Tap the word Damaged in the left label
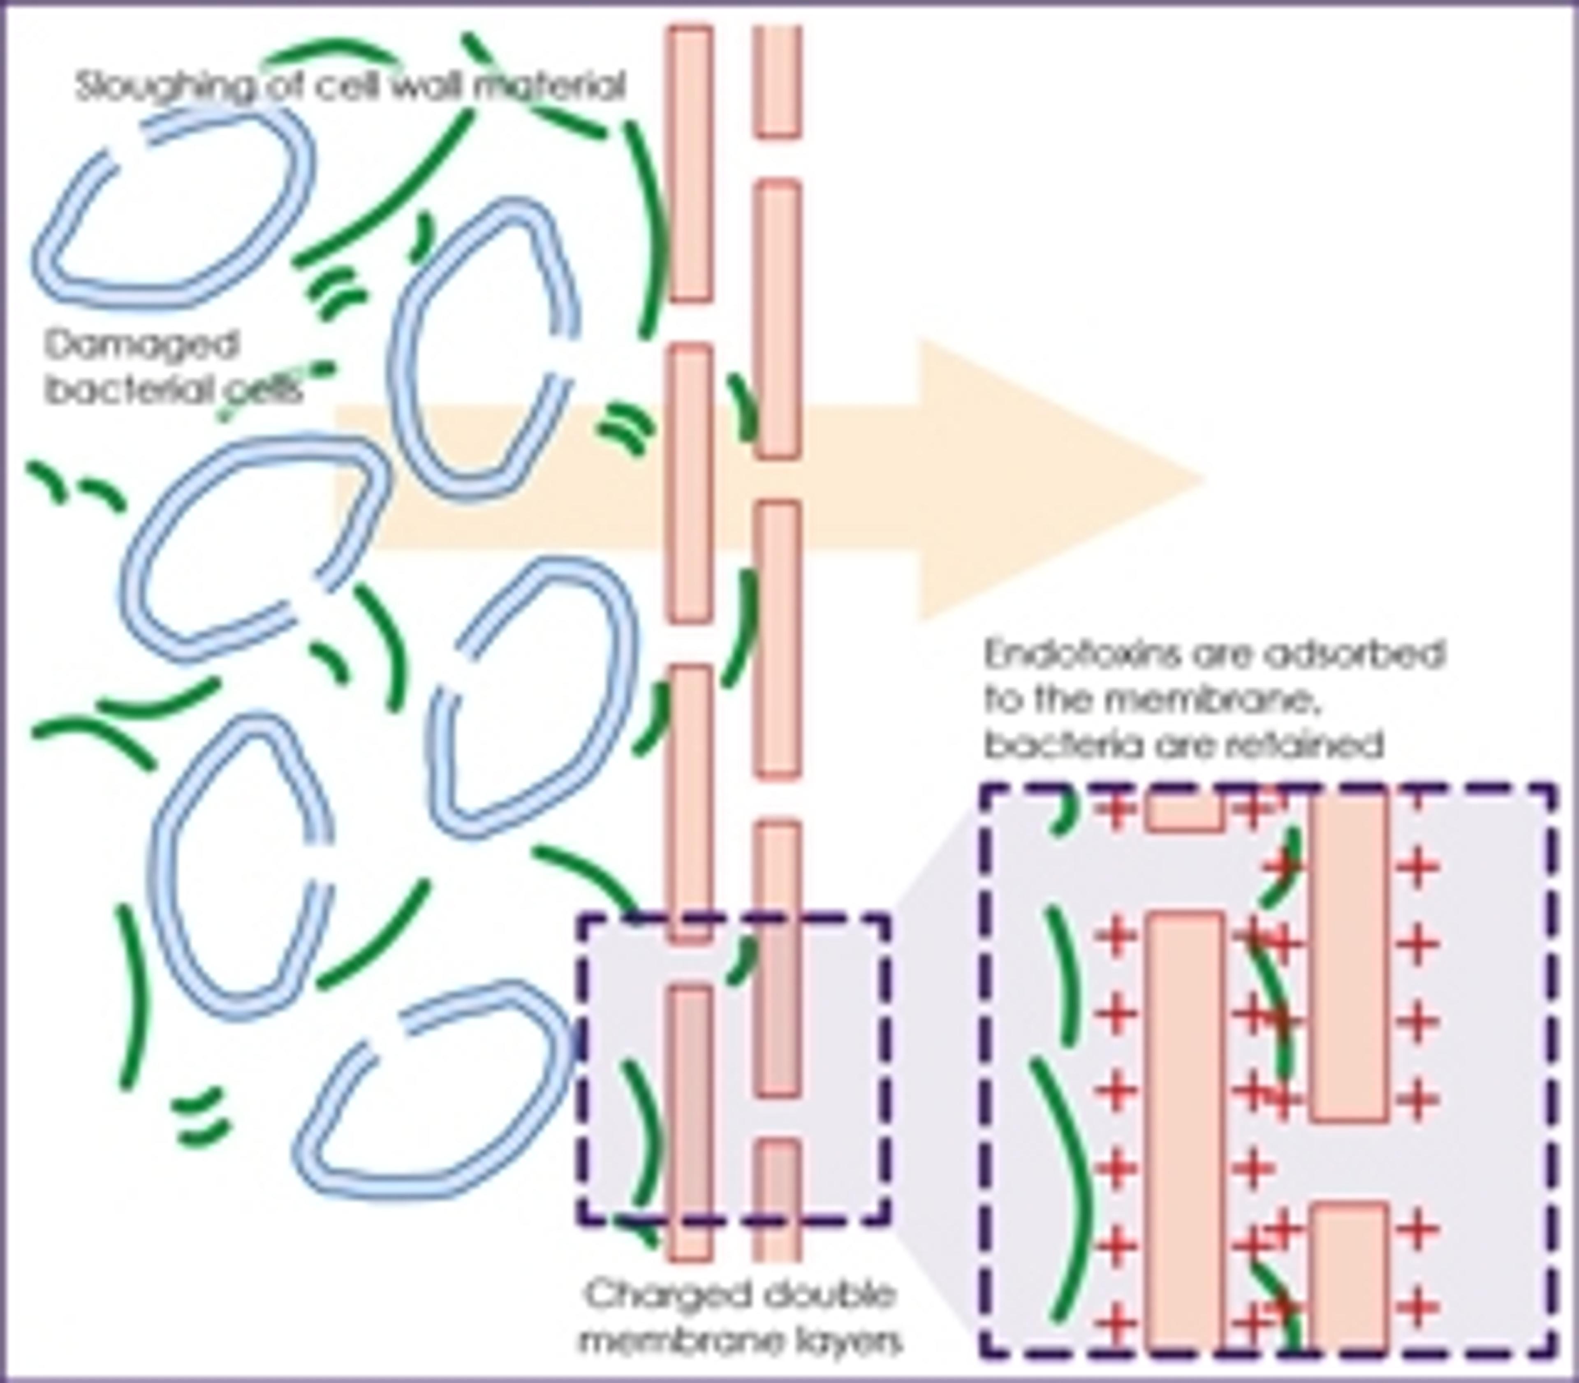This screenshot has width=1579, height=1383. pos(141,344)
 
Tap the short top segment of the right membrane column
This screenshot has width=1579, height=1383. pos(777,81)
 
